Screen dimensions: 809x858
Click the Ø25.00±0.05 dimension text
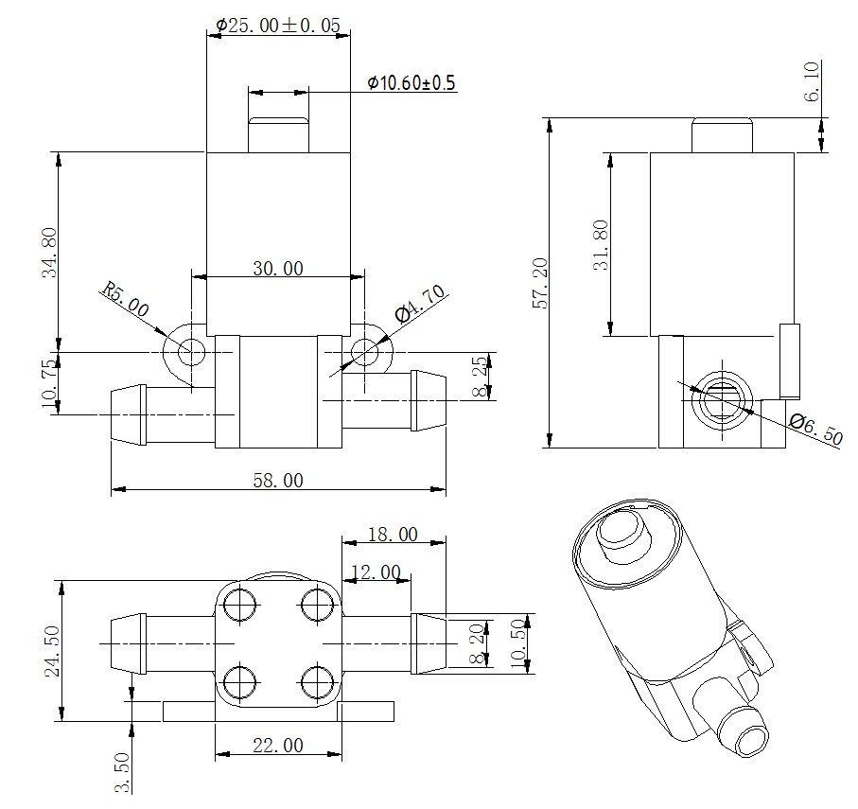[278, 26]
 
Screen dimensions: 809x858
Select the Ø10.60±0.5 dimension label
[411, 83]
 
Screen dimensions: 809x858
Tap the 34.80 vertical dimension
[50, 253]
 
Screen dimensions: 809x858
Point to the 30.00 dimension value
[278, 269]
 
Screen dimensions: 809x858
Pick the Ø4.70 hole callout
[419, 305]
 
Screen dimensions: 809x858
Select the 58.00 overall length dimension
[278, 481]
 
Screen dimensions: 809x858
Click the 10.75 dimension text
[50, 383]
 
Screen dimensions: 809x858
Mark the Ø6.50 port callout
[814, 430]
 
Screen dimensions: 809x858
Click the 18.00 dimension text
[392, 535]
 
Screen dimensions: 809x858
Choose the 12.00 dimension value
[376, 572]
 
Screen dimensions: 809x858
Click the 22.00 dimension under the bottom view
[278, 746]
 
